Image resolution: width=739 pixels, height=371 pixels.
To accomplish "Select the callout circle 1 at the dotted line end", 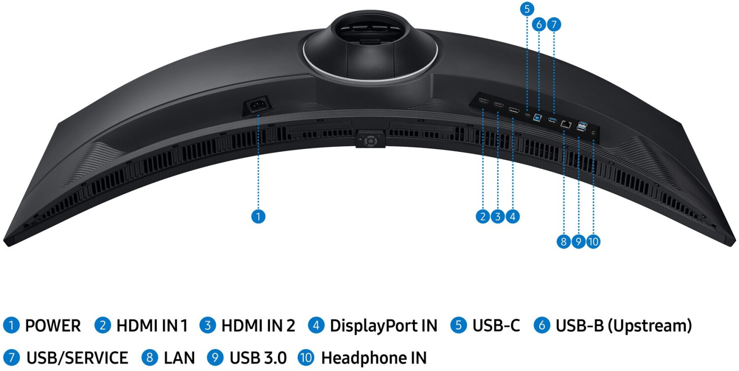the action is [x=258, y=216].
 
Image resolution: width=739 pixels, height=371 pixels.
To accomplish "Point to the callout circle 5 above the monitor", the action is [x=527, y=8].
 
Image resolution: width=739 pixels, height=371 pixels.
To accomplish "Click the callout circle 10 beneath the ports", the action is [x=593, y=241].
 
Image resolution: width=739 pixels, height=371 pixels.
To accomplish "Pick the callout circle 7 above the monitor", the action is [x=554, y=24].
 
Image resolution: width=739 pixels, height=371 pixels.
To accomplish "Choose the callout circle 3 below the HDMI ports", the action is [x=498, y=216].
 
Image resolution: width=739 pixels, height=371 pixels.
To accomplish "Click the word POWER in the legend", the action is [x=53, y=326].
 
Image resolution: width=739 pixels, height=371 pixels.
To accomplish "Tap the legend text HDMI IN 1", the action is [x=152, y=326].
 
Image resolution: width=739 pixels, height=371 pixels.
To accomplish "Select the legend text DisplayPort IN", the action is [x=383, y=326].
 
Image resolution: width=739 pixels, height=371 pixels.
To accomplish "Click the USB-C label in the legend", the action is [x=496, y=326].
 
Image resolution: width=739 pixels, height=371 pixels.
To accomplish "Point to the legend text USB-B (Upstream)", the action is [x=624, y=326].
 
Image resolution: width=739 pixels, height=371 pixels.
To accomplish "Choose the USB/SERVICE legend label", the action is [x=77, y=358].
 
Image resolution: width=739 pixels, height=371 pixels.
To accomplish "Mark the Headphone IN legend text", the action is [x=373, y=358].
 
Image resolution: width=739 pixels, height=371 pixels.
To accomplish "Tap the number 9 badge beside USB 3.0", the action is [x=215, y=358].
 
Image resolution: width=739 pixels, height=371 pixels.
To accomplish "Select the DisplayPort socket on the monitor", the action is [x=514, y=110].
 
